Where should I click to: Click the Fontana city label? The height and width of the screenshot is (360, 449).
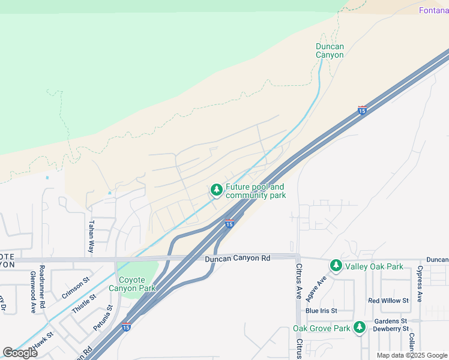pyautogui.click(x=433, y=10)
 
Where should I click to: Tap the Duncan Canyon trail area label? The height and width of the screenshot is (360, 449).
pyautogui.click(x=330, y=50)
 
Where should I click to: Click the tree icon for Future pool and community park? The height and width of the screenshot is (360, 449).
pyautogui.click(x=215, y=191)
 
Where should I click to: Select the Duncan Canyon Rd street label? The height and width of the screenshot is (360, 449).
pyautogui.click(x=237, y=258)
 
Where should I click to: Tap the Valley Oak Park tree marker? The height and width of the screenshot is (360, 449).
pyautogui.click(x=336, y=265)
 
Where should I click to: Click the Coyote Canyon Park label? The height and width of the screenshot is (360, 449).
pyautogui.click(x=132, y=284)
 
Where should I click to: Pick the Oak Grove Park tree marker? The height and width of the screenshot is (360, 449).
pyautogui.click(x=359, y=328)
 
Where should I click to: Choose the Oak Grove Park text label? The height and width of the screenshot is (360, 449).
pyautogui.click(x=321, y=328)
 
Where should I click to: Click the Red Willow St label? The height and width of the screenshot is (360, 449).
pyautogui.click(x=388, y=301)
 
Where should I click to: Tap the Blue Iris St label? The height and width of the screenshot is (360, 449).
pyautogui.click(x=321, y=311)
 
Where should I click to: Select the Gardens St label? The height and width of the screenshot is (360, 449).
pyautogui.click(x=391, y=321)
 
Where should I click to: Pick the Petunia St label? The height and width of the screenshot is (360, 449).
pyautogui.click(x=103, y=319)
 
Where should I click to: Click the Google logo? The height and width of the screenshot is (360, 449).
pyautogui.click(x=20, y=353)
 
